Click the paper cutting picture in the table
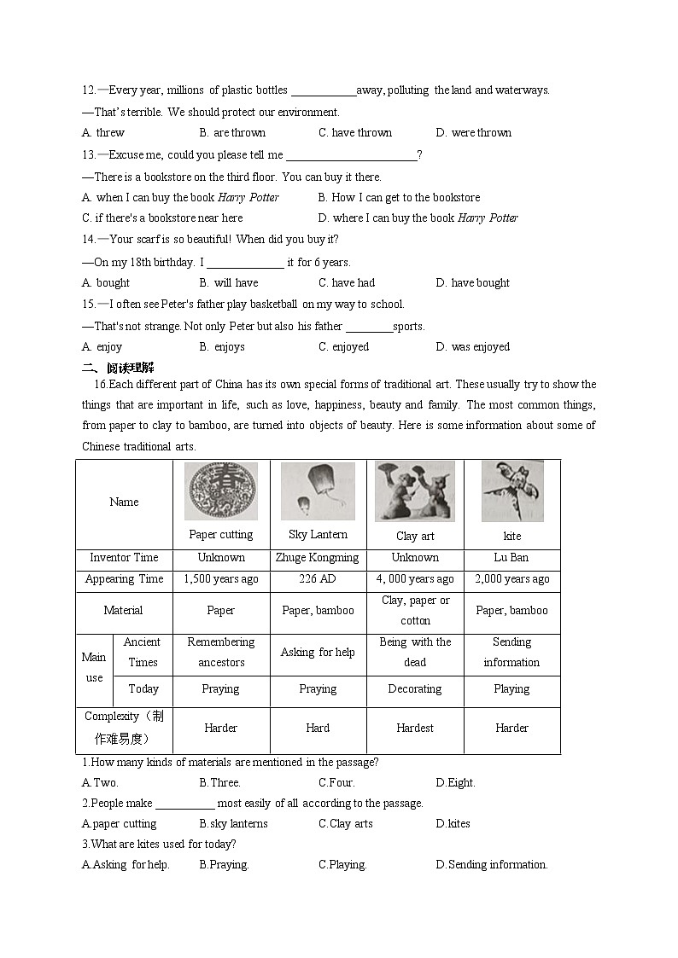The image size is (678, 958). click(221, 491)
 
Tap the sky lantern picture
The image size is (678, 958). click(318, 491)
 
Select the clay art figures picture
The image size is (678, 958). click(415, 491)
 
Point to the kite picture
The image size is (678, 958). click(511, 491)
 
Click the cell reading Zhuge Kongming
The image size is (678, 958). click(318, 558)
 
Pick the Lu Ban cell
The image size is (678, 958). click(511, 558)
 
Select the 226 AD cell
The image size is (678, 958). click(318, 579)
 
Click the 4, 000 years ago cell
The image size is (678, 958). click(415, 579)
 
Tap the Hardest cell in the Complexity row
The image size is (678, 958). click(415, 729)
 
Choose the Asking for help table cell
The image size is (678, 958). click(318, 653)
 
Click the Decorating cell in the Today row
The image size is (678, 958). click(415, 689)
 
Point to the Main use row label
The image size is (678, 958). click(94, 668)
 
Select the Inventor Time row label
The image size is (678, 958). click(124, 558)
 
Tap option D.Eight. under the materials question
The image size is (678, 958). click(455, 783)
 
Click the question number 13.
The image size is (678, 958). click(89, 155)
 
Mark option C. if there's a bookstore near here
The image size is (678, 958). click(162, 218)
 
